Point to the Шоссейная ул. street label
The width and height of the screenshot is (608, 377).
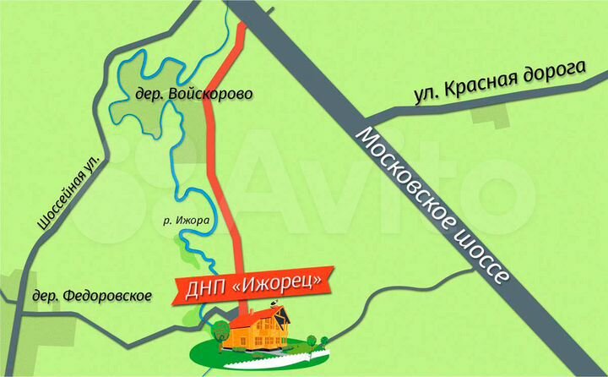pos(70,189)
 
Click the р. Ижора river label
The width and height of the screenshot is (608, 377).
pos(185,220)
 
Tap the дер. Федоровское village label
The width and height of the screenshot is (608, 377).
pos(91,296)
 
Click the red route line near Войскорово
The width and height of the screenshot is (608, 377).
pos(214,127)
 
